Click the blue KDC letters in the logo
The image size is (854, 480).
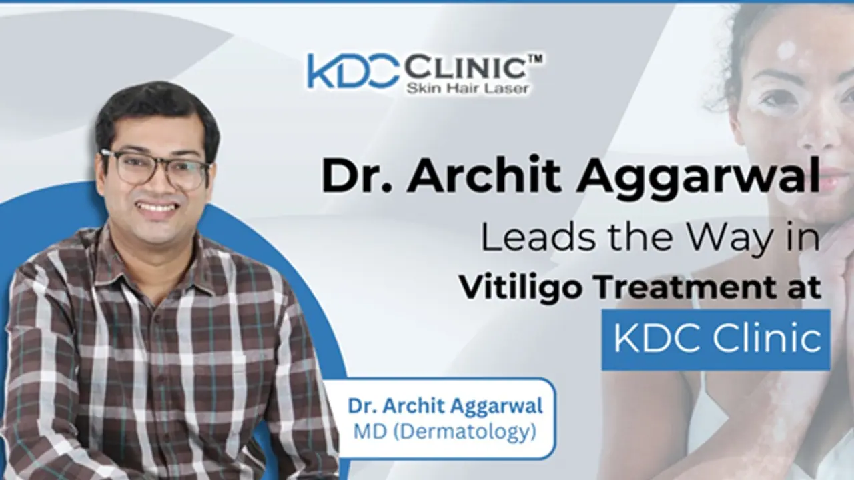pyautogui.click(x=352, y=71)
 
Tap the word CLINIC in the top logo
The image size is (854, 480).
pyautogui.click(x=464, y=67)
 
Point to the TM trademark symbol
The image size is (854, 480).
pyautogui.click(x=535, y=58)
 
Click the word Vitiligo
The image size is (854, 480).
pyautogui.click(x=511, y=289)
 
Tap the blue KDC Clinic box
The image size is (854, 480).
pyautogui.click(x=716, y=339)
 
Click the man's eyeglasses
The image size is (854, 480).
pyautogui.click(x=155, y=168)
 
